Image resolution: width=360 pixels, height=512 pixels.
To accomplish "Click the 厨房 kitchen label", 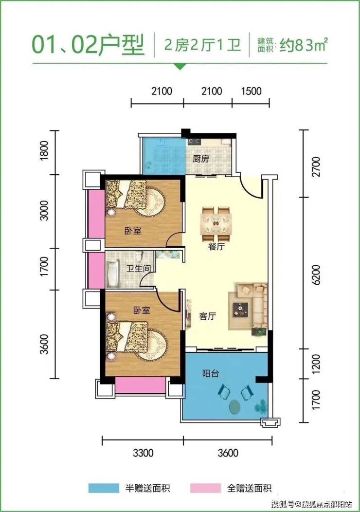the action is tap(200, 159).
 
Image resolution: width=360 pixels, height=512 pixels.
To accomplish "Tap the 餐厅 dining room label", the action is tap(216, 247).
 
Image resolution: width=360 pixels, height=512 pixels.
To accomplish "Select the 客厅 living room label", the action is tap(208, 316).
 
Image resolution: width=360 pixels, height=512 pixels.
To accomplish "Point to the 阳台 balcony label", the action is tap(211, 374).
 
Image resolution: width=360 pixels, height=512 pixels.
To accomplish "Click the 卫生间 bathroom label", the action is tap(139, 269).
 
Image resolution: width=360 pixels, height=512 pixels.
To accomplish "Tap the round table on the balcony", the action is tap(235, 407).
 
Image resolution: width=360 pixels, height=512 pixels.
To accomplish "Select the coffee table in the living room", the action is tap(240, 309).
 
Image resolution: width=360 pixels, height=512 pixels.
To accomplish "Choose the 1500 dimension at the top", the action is tap(252, 91).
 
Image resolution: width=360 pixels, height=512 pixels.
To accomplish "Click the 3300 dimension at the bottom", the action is tap(143, 453).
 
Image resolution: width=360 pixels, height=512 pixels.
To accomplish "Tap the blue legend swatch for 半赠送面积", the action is tap(104, 488).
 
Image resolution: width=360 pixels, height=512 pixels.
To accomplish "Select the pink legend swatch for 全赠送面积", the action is tap(205, 488).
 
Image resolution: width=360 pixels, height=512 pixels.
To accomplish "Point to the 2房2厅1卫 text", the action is tap(202, 45).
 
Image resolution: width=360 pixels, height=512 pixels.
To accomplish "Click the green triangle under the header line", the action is tap(179, 66).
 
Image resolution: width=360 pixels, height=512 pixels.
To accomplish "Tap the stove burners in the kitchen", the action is tap(194, 142).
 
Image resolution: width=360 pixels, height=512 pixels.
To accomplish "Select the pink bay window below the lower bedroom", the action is tap(140, 385).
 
